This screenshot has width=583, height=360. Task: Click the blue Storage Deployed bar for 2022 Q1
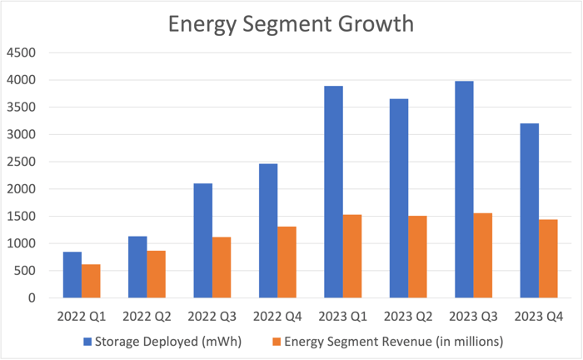72,275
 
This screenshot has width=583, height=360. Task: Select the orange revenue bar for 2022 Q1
91,281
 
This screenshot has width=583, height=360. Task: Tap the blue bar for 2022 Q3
202,241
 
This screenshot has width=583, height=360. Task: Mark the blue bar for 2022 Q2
137,267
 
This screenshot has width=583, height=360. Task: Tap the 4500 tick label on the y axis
22,52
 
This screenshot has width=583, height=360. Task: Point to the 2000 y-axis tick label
22,189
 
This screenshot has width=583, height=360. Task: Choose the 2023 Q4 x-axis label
538,317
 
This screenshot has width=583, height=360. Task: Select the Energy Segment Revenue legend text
394,341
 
